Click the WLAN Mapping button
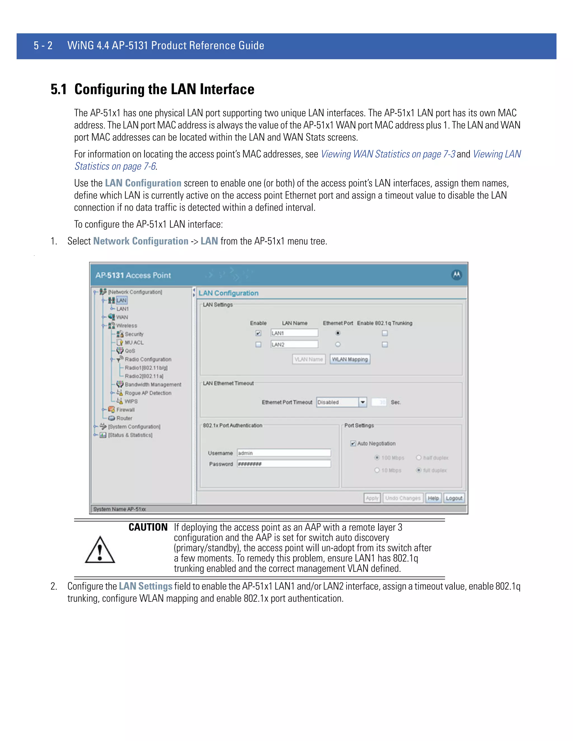(x=350, y=359)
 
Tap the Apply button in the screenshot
(x=372, y=498)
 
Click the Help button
(x=433, y=498)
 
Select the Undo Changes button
(x=403, y=498)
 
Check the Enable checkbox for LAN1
(x=258, y=333)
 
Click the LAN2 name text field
(x=294, y=344)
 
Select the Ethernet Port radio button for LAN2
(x=337, y=344)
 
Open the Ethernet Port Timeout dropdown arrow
(x=363, y=402)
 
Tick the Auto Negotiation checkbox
(x=353, y=443)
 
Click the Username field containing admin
(x=284, y=453)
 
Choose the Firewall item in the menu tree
(x=125, y=410)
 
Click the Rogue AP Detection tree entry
(x=148, y=393)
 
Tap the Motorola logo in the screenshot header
(x=457, y=275)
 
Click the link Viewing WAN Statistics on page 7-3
(x=388, y=154)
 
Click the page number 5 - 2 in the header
(x=43, y=46)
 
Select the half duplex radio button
(x=419, y=458)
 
